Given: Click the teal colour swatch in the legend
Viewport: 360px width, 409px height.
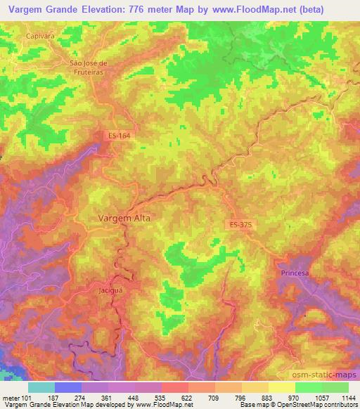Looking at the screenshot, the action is [41, 387].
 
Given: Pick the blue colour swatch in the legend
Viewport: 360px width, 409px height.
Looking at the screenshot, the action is [68, 387].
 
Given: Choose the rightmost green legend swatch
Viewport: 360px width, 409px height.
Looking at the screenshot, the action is [335, 387].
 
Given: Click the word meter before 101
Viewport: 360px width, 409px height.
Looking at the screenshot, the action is [10, 397].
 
